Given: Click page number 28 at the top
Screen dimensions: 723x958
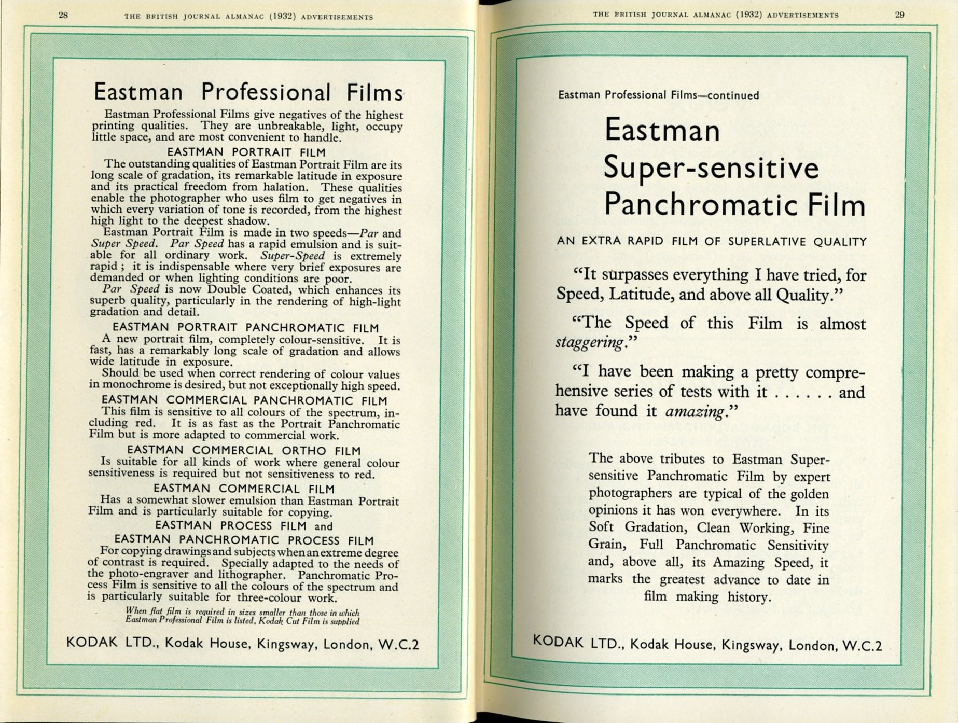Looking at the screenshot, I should pos(63,15).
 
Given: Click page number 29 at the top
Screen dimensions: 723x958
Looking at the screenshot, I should pos(899,15).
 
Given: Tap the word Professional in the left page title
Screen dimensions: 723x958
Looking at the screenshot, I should pos(266,92).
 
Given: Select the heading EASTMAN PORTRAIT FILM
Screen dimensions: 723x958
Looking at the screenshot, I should pos(246,152).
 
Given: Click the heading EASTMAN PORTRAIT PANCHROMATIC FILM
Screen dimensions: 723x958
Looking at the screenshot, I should pos(245,328).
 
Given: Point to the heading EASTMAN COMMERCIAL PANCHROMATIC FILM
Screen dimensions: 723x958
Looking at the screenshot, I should pos(244,400).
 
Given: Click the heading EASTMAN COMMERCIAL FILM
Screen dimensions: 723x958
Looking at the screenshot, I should pos(244,489).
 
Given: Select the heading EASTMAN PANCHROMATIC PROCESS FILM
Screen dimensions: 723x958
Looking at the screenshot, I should pos(244,540).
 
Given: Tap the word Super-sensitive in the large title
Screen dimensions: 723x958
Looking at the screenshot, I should pos(711,168).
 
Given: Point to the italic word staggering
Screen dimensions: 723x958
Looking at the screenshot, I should pos(589,343).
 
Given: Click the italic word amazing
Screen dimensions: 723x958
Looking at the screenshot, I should pos(695,412).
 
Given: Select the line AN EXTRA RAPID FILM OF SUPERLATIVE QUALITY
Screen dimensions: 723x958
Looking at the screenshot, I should pos(711,242).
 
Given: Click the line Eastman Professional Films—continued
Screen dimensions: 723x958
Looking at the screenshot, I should pos(658,95).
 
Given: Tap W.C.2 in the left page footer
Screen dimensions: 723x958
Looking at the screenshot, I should pos(398,645).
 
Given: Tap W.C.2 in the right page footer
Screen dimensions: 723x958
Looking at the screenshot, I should pos(862,646).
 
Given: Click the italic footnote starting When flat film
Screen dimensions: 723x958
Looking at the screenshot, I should pos(242,617).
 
